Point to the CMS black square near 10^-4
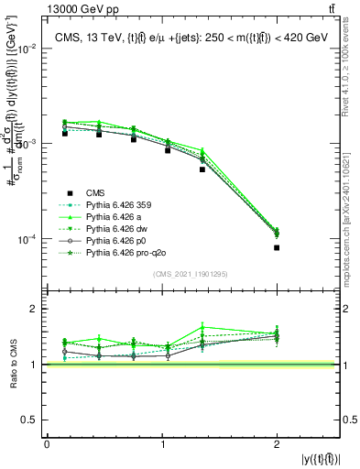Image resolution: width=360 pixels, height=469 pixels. pos(276,247)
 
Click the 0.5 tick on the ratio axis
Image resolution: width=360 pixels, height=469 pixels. pos(31,420)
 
